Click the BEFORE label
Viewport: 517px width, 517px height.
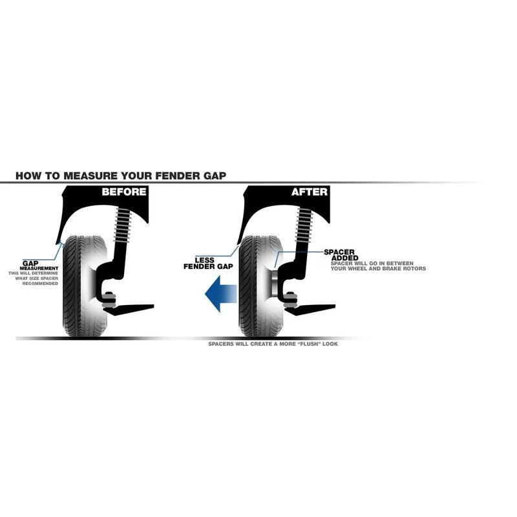pos(124,191)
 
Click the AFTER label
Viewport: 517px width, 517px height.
pos(310,191)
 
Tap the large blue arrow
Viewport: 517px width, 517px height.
pos(221,294)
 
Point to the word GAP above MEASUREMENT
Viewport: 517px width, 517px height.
pos(30,263)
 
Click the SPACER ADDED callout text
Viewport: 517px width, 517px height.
pos(341,255)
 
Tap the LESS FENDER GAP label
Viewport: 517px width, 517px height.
pos(208,263)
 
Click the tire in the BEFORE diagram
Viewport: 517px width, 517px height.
pos(85,286)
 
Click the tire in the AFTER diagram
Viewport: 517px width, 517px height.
pos(260,286)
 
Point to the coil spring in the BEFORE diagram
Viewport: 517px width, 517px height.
pos(122,225)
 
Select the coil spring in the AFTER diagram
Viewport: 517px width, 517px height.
pos(304,225)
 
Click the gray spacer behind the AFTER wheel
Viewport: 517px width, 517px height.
pos(275,284)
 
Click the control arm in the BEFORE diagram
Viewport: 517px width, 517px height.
pos(129,310)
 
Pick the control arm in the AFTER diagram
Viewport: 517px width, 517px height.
pos(311,310)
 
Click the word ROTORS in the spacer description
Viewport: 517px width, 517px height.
pos(414,269)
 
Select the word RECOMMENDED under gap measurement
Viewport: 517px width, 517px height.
pos(40,284)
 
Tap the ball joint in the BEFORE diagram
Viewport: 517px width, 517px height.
pos(109,300)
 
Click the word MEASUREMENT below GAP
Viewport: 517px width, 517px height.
pos(39,268)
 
